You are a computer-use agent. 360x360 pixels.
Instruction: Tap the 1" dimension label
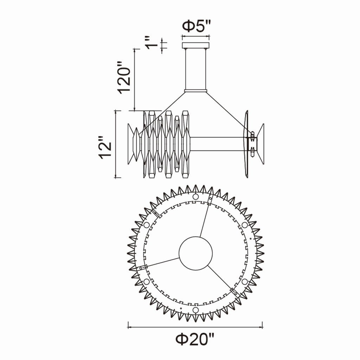point(152,43)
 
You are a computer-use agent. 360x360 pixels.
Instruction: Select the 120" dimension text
point(124,77)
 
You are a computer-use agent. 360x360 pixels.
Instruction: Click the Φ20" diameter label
point(195,339)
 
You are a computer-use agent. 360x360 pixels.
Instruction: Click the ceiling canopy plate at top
point(195,45)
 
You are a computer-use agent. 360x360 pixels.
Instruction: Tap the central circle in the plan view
point(195,253)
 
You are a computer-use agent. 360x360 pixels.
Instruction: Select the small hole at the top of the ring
point(195,197)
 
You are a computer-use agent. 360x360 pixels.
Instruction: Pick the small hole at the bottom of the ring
point(195,310)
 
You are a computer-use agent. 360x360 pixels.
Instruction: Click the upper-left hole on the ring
point(147,225)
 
